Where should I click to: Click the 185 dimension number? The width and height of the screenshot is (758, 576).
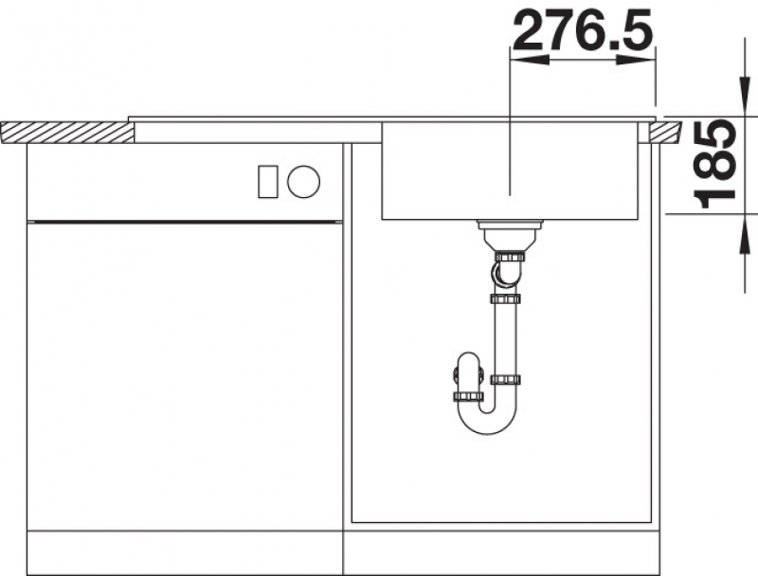click(x=714, y=164)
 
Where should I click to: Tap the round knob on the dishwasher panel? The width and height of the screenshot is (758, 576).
click(x=303, y=181)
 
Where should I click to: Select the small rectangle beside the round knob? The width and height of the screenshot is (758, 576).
click(x=268, y=181)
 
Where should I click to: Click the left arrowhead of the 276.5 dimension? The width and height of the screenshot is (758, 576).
click(x=530, y=60)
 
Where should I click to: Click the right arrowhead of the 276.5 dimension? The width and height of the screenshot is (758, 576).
click(x=635, y=60)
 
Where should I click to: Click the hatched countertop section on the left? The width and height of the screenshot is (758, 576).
click(x=67, y=133)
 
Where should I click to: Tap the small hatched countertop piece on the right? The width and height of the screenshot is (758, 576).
click(x=665, y=133)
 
